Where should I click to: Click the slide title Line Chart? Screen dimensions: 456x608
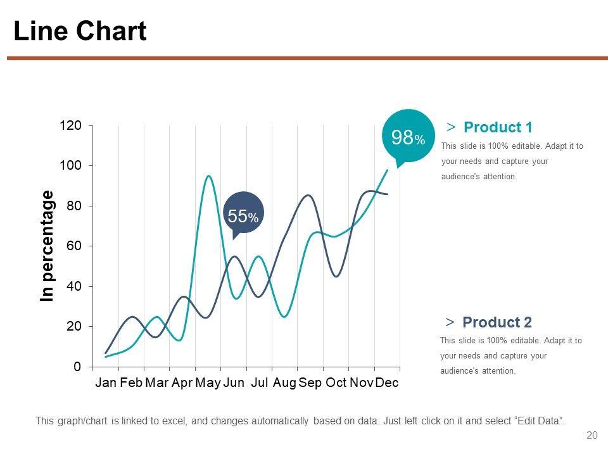coord(80,31)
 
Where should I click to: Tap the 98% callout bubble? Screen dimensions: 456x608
coord(408,136)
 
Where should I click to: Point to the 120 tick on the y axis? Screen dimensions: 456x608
coord(71,125)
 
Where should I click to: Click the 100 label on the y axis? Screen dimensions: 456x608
coord(71,165)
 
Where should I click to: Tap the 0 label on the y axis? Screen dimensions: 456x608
coord(77,367)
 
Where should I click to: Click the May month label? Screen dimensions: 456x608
coord(208,383)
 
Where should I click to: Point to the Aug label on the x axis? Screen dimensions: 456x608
coord(284,383)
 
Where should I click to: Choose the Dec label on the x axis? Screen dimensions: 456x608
coord(386,383)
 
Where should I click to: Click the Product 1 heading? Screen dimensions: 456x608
coord(498,127)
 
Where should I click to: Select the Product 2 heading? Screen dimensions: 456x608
coord(497,322)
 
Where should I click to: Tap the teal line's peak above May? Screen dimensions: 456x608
coord(208,176)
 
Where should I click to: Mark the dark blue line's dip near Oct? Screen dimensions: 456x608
coord(336,276)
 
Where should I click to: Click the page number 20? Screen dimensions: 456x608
coord(592,435)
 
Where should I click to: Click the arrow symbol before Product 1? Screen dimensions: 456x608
coord(450,127)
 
